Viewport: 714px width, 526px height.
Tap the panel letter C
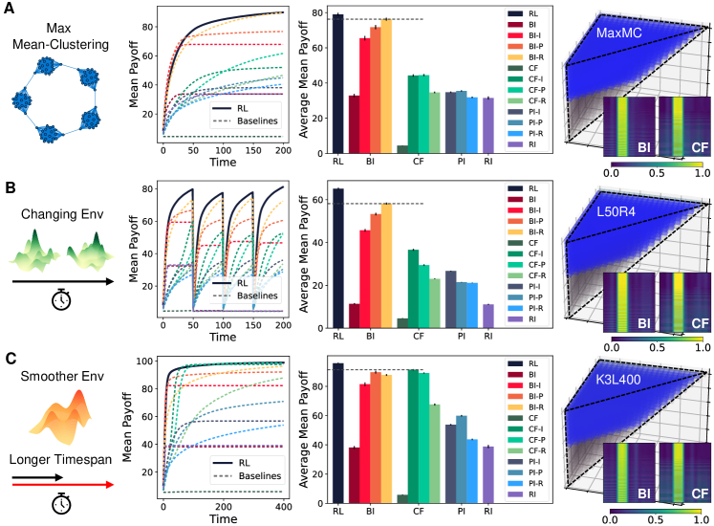point(11,360)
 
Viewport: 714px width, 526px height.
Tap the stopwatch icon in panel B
point(60,303)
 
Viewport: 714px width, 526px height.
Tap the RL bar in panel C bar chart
point(337,432)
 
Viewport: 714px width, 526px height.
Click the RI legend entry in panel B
point(531,319)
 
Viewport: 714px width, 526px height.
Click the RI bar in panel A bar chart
point(488,125)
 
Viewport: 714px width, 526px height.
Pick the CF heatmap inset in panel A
point(687,126)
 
